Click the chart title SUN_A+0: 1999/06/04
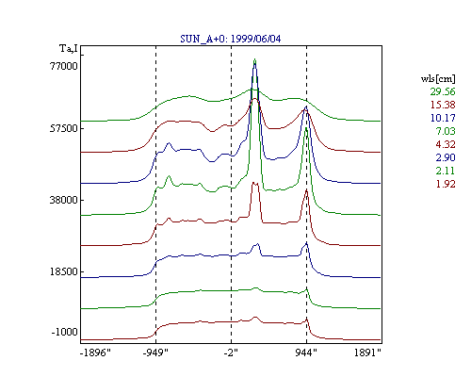click(231, 39)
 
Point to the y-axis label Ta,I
click(69, 49)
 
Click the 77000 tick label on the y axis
click(64, 66)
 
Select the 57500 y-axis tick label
click(64, 128)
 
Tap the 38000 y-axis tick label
click(64, 200)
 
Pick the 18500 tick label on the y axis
click(64, 271)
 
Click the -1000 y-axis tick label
click(65, 332)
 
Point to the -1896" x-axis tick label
click(95, 352)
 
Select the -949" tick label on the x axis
click(155, 352)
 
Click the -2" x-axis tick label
click(231, 352)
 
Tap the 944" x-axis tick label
click(306, 352)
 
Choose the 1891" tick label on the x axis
click(367, 352)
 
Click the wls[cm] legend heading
click(438, 78)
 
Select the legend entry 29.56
click(443, 91)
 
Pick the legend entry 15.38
click(443, 105)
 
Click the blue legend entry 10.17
click(443, 118)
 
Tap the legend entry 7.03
click(446, 131)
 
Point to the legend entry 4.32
click(446, 144)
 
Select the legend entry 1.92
click(446, 184)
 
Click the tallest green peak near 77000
click(255, 59)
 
